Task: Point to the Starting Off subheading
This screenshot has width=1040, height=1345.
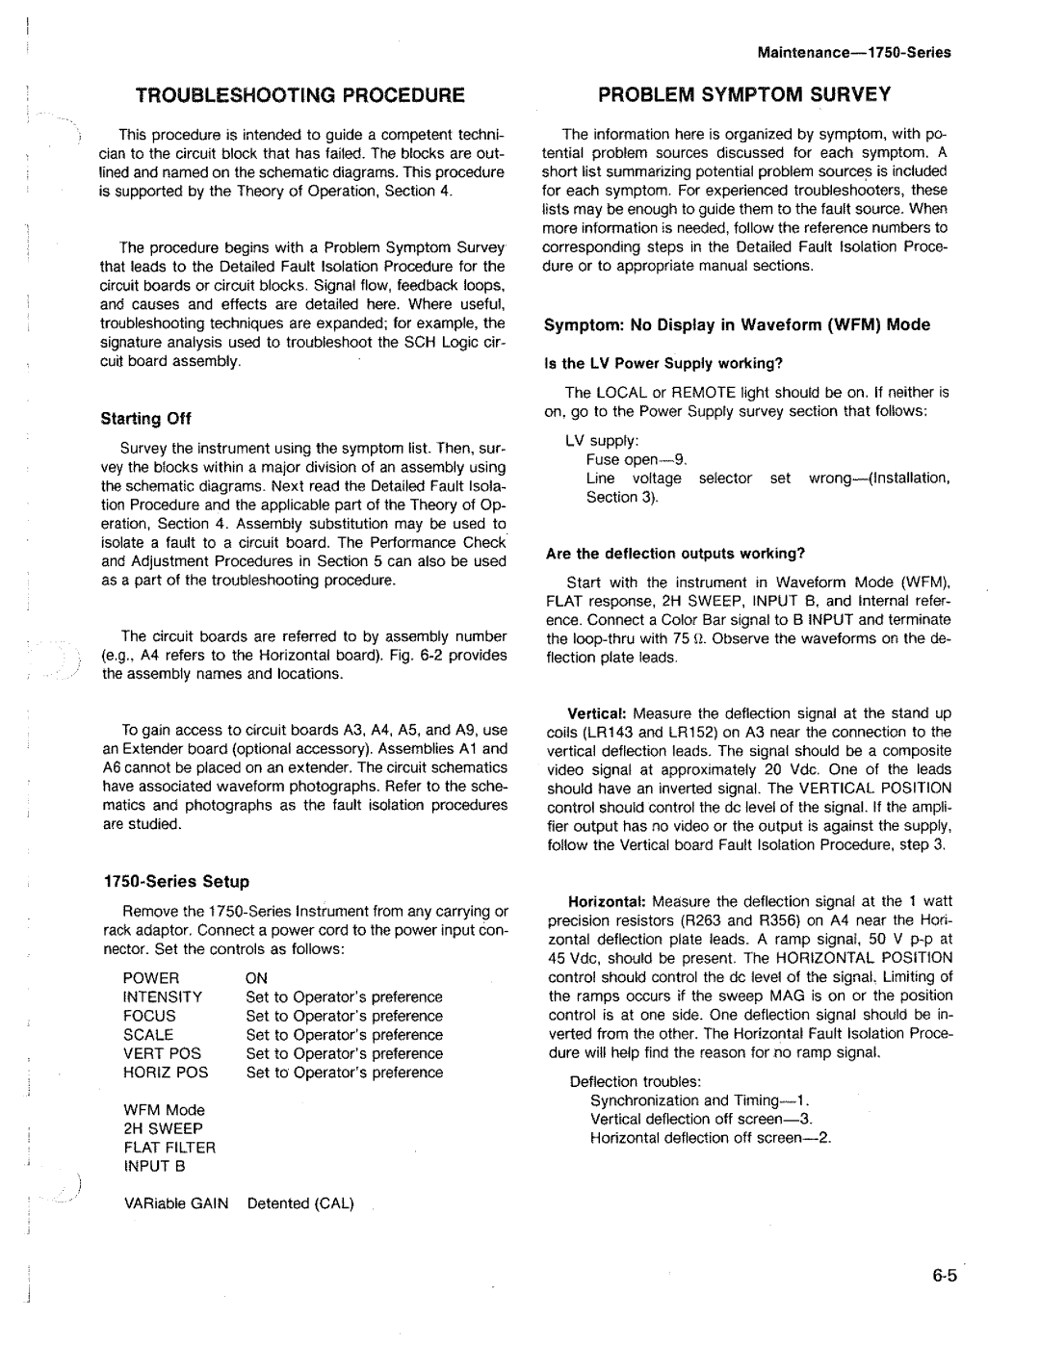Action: click(147, 418)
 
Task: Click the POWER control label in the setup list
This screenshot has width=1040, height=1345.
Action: click(151, 978)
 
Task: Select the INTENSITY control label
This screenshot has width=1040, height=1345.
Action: click(162, 997)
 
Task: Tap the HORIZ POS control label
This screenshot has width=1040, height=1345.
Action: click(165, 1072)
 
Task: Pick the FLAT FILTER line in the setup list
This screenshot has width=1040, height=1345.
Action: click(169, 1147)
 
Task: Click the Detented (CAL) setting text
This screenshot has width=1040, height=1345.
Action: click(300, 1203)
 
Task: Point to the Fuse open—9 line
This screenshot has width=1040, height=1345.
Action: click(637, 459)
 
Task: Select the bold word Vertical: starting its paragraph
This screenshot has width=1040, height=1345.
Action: click(598, 713)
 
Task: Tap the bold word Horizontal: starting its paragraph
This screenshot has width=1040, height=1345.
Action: click(607, 901)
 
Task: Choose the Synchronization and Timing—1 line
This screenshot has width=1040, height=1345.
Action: click(699, 1100)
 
